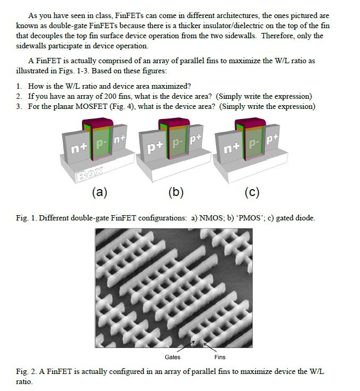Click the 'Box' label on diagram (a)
pos(90,174)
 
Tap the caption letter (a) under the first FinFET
pos(99,192)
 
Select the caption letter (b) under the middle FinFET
pos(176,192)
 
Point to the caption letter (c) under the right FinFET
pos(252,192)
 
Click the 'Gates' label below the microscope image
pos(172,357)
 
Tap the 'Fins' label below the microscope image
pos(220,357)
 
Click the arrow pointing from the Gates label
pos(186,346)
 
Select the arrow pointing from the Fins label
pos(210,348)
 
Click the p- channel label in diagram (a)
pos(102,144)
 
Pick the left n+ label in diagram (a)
pos(79,148)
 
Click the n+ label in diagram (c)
pos(231,148)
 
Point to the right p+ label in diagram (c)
pos(272,139)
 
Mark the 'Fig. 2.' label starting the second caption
pos(26,371)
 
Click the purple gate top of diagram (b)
pos(174,122)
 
